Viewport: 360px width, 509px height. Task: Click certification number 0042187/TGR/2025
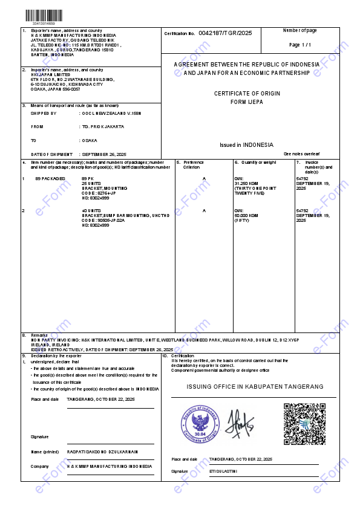(224, 33)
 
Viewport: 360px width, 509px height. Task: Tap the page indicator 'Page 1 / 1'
(300, 45)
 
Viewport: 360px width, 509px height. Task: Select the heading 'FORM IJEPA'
(246, 102)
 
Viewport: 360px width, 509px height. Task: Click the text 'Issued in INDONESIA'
(246, 145)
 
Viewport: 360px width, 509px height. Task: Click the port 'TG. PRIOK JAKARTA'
(103, 126)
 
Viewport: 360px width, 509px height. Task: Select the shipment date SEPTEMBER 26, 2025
(104, 155)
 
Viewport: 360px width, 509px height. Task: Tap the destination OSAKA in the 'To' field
(89, 140)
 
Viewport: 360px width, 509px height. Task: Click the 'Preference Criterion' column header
(194, 164)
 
